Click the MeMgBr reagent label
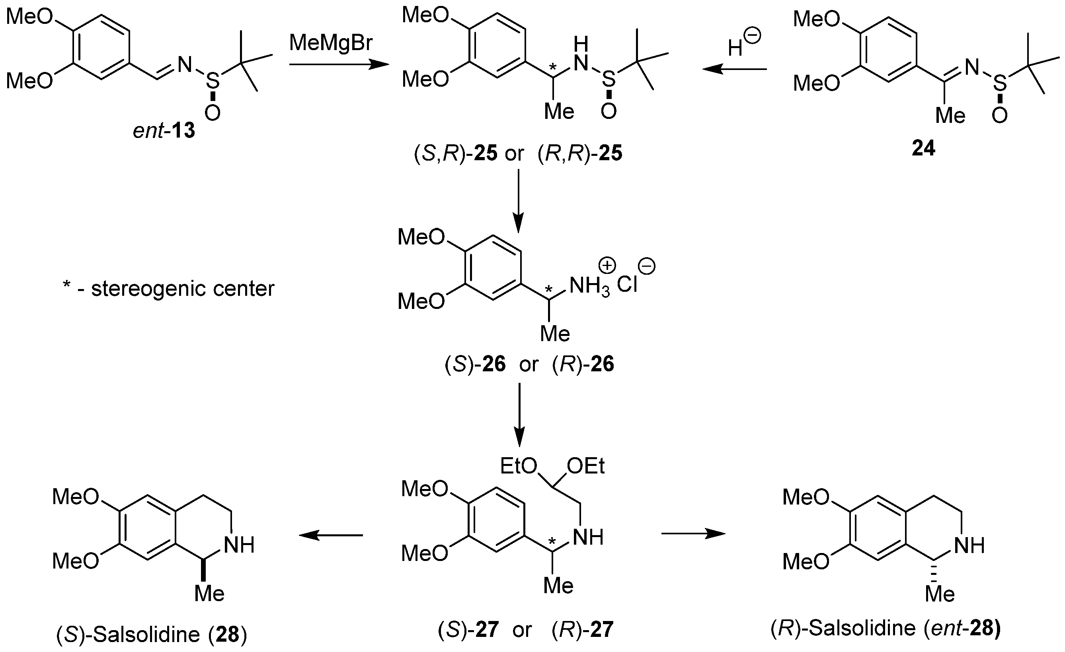coord(331,43)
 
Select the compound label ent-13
coord(164,130)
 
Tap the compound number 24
coord(923,148)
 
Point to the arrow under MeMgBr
coord(339,65)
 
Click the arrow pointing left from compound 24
coord(734,69)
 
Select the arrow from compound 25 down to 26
coord(518,200)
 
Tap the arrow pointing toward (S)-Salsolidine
coord(331,536)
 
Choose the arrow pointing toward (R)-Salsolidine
coord(693,534)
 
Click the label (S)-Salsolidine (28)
coord(152,634)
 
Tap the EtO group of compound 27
coord(518,466)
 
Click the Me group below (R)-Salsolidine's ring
coord(940,595)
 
